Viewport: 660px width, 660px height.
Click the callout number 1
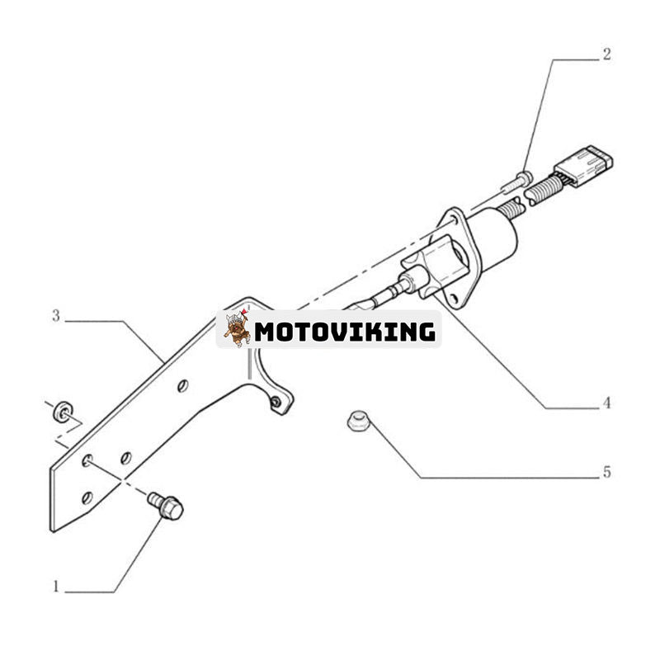point(56,587)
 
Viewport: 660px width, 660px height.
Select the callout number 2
point(606,54)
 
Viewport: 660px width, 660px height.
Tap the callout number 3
point(56,316)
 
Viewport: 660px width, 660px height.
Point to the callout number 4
point(606,403)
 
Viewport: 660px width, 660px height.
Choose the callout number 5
point(606,472)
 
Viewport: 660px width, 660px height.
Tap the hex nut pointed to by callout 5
point(357,421)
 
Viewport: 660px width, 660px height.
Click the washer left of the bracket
point(64,411)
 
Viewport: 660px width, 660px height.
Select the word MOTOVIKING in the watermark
point(345,332)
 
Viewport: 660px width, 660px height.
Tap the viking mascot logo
point(236,328)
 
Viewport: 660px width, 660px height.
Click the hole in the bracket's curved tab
point(276,403)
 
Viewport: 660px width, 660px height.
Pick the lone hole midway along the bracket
point(183,385)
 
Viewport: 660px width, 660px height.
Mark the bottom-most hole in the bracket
point(87,498)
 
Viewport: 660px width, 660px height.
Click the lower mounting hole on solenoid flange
point(453,299)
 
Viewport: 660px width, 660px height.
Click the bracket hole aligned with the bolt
point(87,460)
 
